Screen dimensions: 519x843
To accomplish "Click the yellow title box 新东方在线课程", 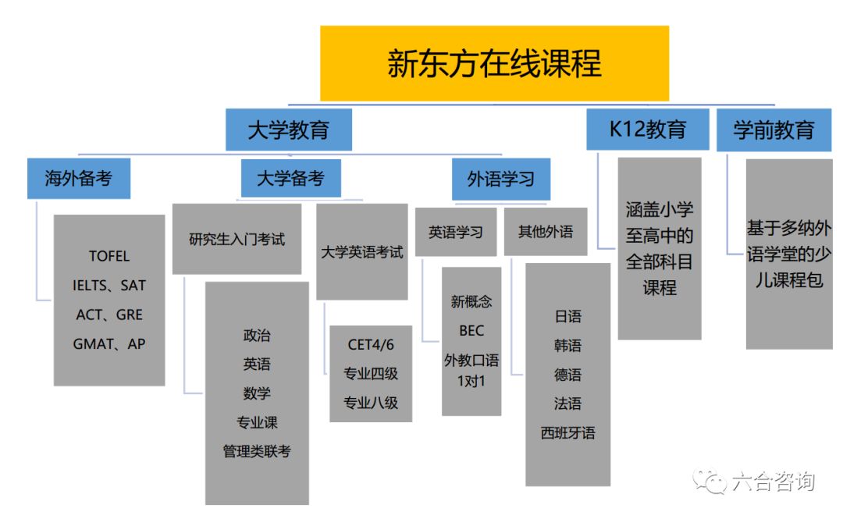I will coord(494,63).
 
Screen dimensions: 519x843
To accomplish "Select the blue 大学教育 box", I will coord(288,130).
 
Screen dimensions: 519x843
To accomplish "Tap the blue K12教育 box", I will coord(648,129).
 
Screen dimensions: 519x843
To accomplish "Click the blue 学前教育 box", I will coord(774,130).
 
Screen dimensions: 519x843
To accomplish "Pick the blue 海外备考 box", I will coord(78,178).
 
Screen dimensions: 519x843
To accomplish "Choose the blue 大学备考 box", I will coord(290,178).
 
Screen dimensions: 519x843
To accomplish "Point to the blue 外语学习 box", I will coord(500,179).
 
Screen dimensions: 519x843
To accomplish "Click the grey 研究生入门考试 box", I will coord(237,239).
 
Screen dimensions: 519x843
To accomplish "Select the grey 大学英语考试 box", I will coord(362,252).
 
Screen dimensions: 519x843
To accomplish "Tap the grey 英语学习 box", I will coord(456,232).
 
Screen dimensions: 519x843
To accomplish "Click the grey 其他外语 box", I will coord(546,232).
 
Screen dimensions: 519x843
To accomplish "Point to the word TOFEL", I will coord(109,256).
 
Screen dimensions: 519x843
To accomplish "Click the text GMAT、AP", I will coord(109,343).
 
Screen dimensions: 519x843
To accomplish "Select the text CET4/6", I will coord(371,344).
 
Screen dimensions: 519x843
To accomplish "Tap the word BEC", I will coord(471,331).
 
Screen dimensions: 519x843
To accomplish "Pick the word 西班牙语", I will coord(567,432).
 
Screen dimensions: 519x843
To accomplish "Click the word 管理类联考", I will coord(257,451).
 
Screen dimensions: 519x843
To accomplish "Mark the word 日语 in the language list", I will coord(567,316).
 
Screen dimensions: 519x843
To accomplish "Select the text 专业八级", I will coord(371,403).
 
